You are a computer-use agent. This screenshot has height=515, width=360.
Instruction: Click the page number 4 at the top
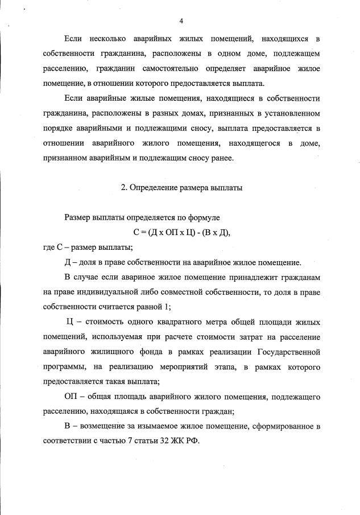(x=180, y=22)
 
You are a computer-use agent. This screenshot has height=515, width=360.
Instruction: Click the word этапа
(x=226, y=366)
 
